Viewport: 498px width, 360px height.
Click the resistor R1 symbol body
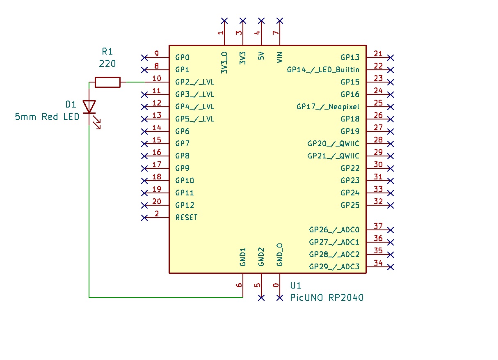point(107,82)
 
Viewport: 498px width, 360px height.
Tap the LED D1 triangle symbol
point(89,106)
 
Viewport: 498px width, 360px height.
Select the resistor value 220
point(107,64)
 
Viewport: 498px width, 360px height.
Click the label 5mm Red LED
point(47,117)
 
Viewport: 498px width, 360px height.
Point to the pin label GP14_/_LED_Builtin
point(323,70)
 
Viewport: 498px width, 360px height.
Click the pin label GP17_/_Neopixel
point(328,107)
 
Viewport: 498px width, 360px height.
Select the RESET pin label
point(186,218)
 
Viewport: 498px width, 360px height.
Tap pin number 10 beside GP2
point(156,78)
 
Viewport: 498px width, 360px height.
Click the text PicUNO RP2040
point(327,298)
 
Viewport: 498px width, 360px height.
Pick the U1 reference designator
point(296,285)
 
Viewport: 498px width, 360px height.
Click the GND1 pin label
point(243,257)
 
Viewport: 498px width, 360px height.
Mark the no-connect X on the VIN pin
point(280,21)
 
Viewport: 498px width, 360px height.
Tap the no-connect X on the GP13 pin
point(391,57)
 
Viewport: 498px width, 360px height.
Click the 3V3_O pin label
point(224,63)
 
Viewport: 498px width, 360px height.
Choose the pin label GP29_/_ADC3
point(334,267)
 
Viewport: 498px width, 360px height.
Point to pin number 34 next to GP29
point(378,263)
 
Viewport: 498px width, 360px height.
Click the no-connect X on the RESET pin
point(144,218)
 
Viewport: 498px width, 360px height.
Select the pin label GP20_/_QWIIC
point(333,144)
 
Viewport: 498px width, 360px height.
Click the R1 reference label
point(107,51)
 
